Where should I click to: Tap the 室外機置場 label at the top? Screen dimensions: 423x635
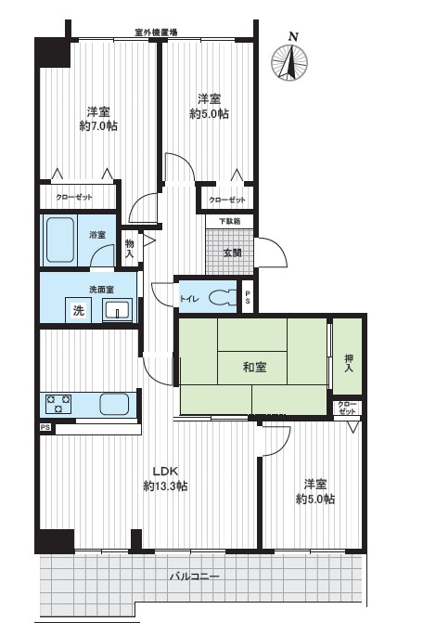(156, 32)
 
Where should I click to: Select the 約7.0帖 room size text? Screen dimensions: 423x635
(98, 126)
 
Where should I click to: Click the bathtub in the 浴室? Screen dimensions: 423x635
(60, 240)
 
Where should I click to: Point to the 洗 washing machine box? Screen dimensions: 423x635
(79, 310)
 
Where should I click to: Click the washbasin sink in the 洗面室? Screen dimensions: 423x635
(118, 310)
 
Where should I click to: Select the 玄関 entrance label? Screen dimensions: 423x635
(232, 253)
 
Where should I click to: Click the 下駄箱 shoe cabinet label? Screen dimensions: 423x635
(229, 222)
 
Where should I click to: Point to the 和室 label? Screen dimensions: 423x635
(254, 367)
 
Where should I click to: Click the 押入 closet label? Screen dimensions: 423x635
(349, 363)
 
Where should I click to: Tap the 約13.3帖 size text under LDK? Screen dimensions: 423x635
(165, 486)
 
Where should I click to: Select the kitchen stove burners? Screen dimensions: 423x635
(58, 404)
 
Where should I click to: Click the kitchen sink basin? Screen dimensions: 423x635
(114, 404)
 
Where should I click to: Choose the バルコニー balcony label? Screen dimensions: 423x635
(194, 576)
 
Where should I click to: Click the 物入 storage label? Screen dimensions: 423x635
(129, 249)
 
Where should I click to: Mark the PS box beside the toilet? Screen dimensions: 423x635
(248, 296)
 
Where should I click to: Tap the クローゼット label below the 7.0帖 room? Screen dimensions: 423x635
(74, 197)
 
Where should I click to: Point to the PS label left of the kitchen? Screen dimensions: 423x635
(45, 427)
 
